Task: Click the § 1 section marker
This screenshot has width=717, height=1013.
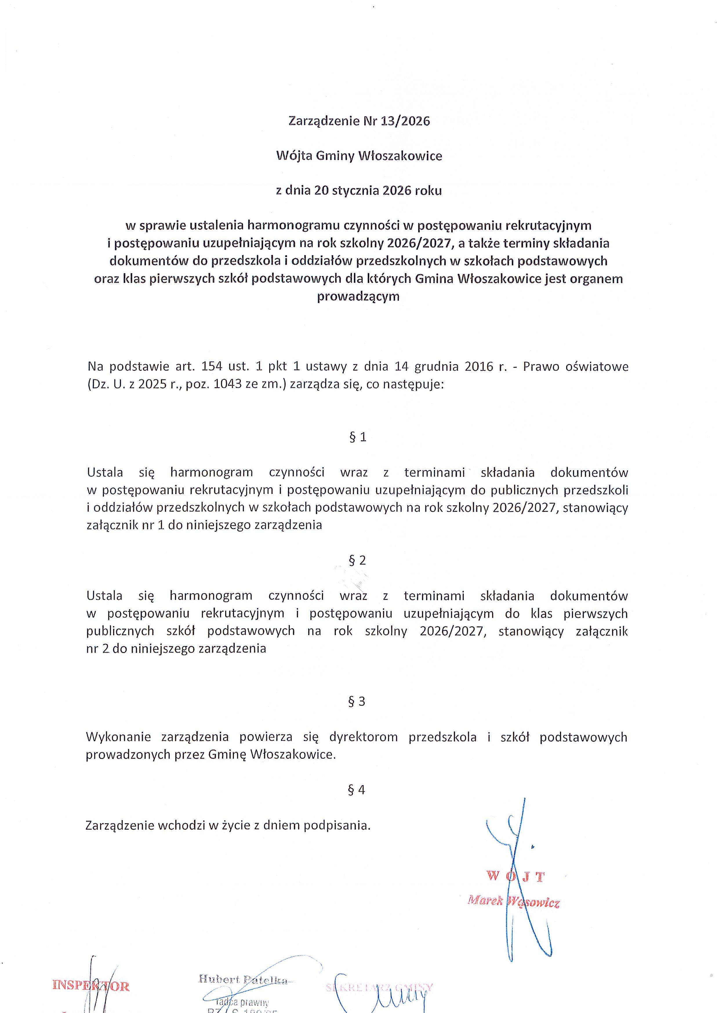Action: pyautogui.click(x=357, y=437)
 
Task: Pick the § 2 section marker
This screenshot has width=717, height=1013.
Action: pyautogui.click(x=357, y=560)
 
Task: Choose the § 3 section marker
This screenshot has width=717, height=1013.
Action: pyautogui.click(x=357, y=702)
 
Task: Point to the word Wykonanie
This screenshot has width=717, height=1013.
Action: pyautogui.click(x=118, y=737)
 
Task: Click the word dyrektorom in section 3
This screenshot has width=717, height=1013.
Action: pyautogui.click(x=363, y=737)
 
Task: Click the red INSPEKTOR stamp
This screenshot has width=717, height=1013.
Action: pyautogui.click(x=90, y=986)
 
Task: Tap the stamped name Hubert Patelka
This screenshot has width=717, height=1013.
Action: pyautogui.click(x=243, y=979)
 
